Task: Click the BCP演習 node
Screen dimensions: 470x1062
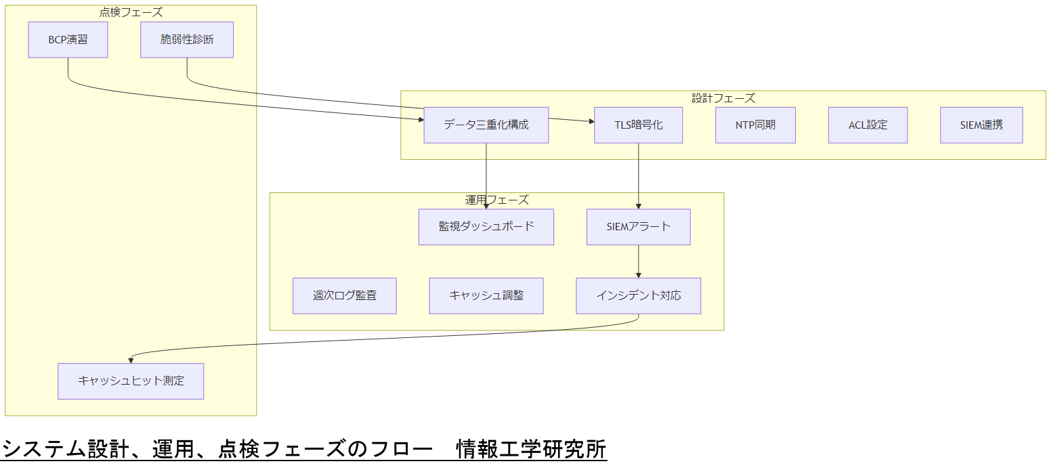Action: tap(68, 39)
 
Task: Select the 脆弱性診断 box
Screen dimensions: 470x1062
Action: tap(187, 39)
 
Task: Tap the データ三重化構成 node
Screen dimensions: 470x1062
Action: tap(486, 125)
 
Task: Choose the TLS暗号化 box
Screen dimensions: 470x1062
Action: tap(638, 125)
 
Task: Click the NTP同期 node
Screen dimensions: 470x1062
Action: tap(755, 125)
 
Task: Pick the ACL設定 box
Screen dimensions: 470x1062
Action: tap(868, 125)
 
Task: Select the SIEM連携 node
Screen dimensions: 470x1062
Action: tap(981, 125)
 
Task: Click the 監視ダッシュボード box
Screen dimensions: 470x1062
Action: tap(486, 226)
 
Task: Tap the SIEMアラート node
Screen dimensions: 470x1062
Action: tap(638, 226)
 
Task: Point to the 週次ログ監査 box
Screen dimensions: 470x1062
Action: tap(344, 295)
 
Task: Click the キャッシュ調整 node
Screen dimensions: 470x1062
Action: tap(486, 295)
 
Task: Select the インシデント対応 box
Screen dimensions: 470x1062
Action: tap(638, 295)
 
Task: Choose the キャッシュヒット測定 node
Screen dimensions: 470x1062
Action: tap(131, 381)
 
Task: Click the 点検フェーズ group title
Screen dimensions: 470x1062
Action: tap(131, 12)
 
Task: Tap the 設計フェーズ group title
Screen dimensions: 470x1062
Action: tap(723, 98)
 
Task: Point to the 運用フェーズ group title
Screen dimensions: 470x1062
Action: tap(496, 200)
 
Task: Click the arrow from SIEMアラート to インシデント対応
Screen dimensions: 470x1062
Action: tap(638, 261)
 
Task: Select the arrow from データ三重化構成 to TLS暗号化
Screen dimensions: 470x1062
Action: tap(571, 121)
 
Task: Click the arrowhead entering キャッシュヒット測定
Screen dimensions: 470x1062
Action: tap(131, 360)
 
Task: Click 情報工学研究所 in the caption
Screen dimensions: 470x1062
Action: tap(531, 449)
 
